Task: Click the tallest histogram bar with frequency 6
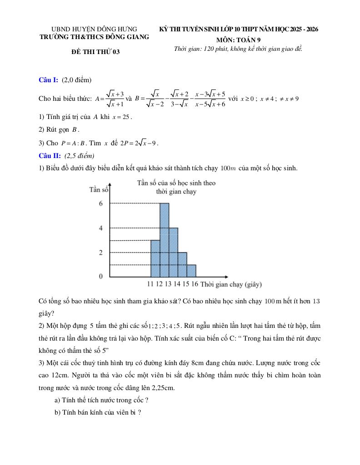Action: coord(164,240)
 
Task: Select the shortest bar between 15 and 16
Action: coord(191,271)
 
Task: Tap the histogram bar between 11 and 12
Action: coord(155,258)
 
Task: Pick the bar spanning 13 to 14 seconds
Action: coord(173,252)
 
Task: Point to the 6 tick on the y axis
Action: coord(101,203)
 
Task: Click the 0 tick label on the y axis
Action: coord(101,276)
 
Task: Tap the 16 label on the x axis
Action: coord(195,284)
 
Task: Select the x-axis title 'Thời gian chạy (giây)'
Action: coord(231,284)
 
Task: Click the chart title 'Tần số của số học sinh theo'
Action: coord(176,183)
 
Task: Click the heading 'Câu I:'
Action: coord(48,80)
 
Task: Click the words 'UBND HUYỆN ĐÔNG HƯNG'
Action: coord(94,29)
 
